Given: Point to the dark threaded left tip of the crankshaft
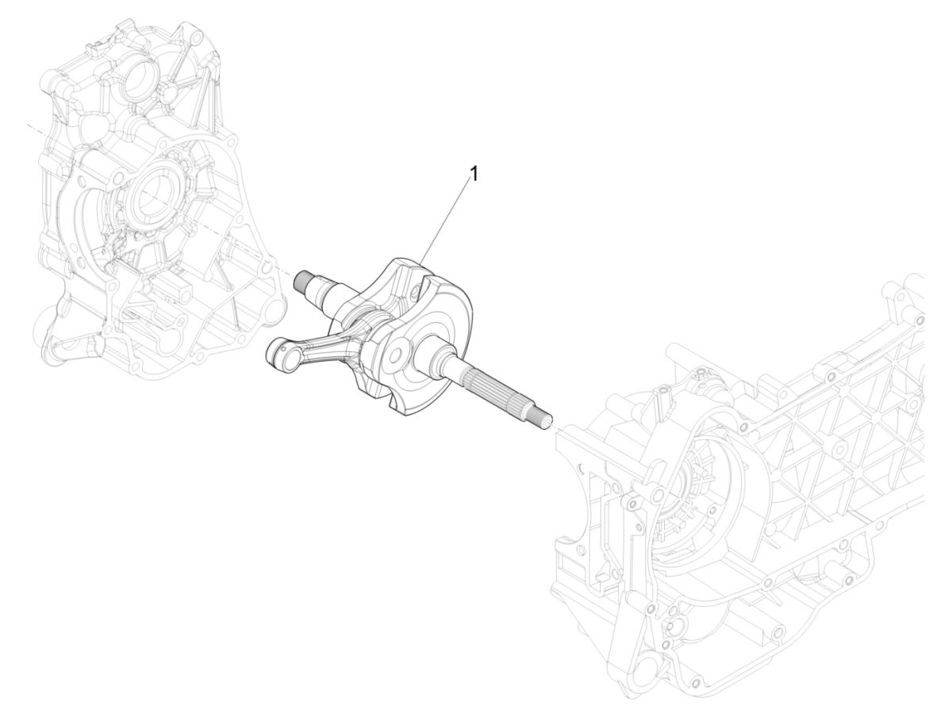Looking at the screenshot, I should (302, 280).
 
